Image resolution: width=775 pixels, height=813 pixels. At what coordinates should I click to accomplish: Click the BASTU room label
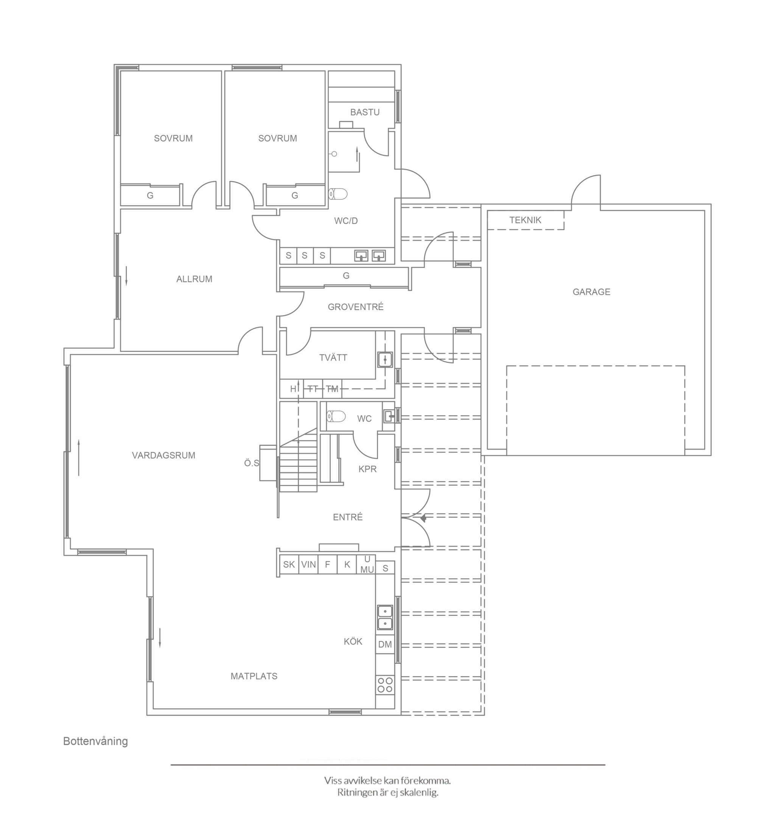click(365, 112)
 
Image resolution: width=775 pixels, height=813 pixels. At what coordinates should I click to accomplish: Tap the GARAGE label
click(591, 292)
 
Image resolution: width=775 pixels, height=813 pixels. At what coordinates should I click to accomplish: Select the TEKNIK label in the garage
click(525, 220)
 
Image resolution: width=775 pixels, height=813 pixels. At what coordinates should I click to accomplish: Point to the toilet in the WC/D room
click(338, 193)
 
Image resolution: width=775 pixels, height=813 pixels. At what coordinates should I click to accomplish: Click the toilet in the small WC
click(336, 416)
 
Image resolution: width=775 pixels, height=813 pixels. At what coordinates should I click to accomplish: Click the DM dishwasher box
click(385, 644)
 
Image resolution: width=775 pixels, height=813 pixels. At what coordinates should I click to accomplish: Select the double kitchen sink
click(385, 617)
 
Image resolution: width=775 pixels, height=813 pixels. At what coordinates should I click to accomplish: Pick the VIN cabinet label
click(308, 564)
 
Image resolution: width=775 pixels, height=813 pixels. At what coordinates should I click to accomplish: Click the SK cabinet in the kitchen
click(289, 564)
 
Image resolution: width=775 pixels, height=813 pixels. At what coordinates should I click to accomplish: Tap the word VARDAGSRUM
click(163, 456)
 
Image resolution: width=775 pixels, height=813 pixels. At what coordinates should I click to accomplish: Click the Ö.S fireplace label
click(252, 463)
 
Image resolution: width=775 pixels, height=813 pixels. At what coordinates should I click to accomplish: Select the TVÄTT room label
click(333, 357)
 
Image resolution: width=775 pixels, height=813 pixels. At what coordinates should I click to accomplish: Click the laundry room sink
click(384, 360)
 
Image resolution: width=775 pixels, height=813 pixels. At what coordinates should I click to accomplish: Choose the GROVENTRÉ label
click(356, 307)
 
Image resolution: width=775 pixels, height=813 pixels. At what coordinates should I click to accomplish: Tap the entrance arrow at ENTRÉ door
click(423, 518)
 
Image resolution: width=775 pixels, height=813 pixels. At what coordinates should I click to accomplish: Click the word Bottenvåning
click(95, 741)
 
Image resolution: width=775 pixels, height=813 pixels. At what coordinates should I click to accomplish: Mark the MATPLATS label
click(254, 676)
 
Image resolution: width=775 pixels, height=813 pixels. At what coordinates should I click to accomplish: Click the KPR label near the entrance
click(368, 469)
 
